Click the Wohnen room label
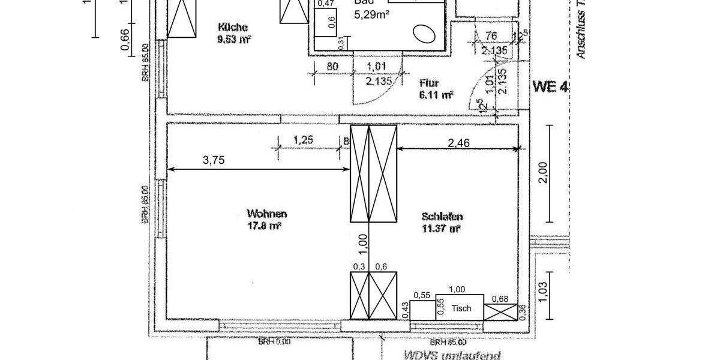267,214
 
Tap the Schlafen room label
442,217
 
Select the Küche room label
233,27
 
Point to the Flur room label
430,83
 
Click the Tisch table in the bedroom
460,308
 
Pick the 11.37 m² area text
442,229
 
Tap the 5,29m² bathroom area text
373,14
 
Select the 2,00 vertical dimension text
544,173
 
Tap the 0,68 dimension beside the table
500,299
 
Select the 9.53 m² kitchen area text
234,40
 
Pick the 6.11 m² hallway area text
436,95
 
